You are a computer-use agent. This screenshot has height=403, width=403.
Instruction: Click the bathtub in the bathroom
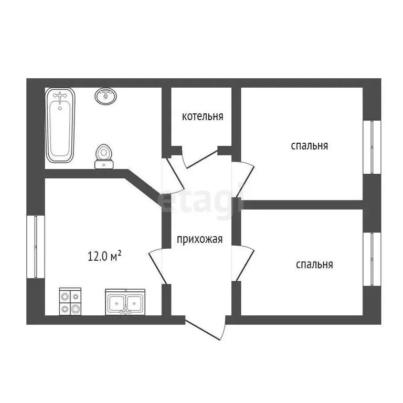click(x=61, y=126)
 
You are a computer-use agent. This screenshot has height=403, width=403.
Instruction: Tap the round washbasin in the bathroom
click(x=106, y=96)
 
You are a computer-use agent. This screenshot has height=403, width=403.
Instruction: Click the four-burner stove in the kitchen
click(x=70, y=302)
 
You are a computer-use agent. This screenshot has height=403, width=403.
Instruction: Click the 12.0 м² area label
click(x=105, y=256)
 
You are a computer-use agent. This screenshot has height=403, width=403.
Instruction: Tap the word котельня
click(x=202, y=116)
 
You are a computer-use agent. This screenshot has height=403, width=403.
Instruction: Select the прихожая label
click(x=200, y=240)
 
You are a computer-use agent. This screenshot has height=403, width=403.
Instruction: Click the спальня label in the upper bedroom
click(x=309, y=145)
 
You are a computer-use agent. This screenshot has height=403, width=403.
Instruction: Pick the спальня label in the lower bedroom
click(x=314, y=264)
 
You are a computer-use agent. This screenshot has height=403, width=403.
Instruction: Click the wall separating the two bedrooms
click(x=302, y=204)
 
